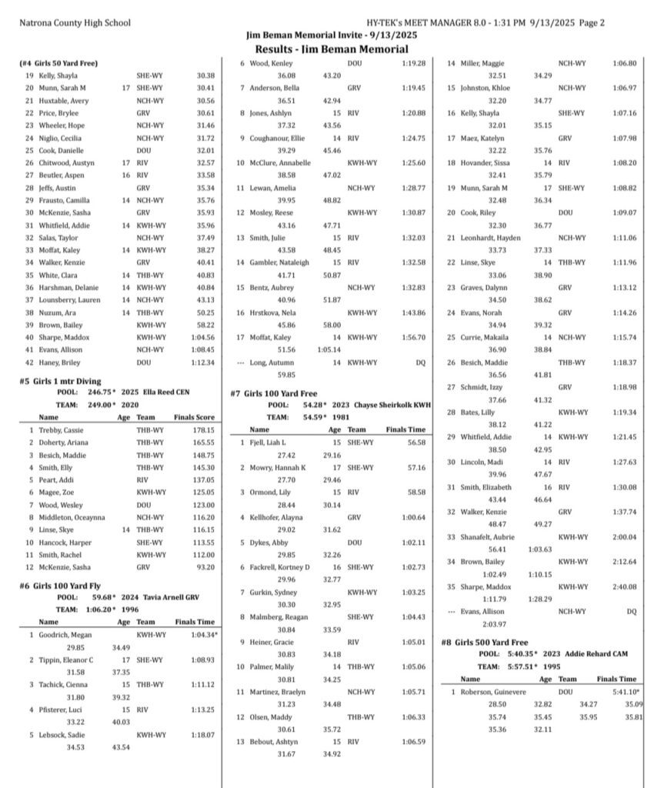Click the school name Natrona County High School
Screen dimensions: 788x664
tap(75, 23)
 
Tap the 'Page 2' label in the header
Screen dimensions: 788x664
tap(590, 23)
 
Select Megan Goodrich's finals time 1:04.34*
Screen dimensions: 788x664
tap(204, 635)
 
